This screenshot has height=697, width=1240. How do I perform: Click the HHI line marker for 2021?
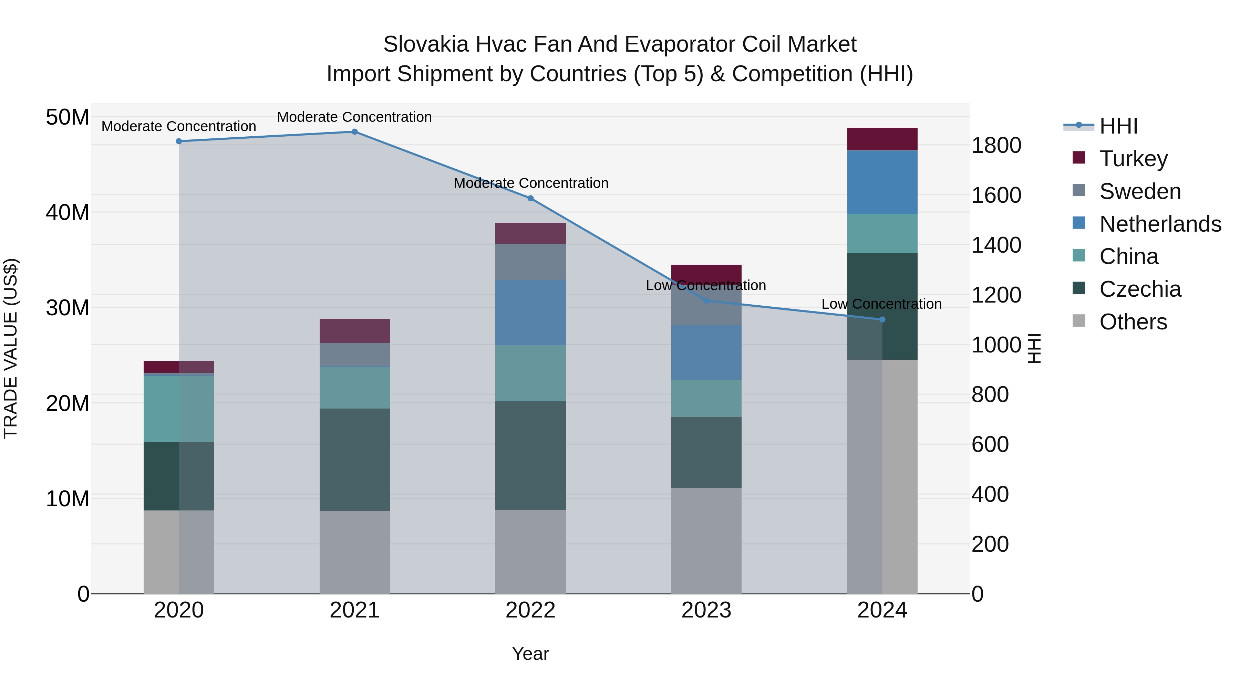[354, 131]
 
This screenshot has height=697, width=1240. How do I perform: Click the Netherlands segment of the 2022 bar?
[530, 312]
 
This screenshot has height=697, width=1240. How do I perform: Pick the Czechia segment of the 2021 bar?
[354, 460]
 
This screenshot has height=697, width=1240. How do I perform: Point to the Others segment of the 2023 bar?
[706, 541]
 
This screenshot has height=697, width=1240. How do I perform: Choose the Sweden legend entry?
[1139, 191]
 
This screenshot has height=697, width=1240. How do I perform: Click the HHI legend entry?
[1118, 126]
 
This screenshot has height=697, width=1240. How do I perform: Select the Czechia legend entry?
[1139, 289]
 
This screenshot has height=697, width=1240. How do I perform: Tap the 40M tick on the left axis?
[68, 212]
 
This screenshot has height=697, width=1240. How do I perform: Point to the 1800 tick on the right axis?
[996, 145]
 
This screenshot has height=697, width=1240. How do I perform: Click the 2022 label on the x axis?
[530, 610]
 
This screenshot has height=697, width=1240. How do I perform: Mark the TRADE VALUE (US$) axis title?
[11, 348]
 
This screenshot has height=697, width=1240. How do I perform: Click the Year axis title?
[530, 654]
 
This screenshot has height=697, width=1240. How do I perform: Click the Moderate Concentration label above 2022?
[530, 183]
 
